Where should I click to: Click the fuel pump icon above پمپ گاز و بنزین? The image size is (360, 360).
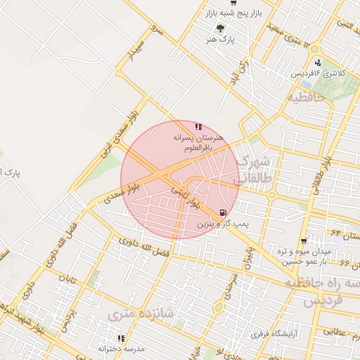point(224,212)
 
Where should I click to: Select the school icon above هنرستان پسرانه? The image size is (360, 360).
point(199,127)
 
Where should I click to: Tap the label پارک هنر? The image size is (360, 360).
point(219,40)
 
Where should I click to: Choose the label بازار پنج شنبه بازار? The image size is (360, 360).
point(227,13)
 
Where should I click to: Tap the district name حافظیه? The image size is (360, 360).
point(306,98)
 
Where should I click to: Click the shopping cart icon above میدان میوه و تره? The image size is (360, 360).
point(304,240)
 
